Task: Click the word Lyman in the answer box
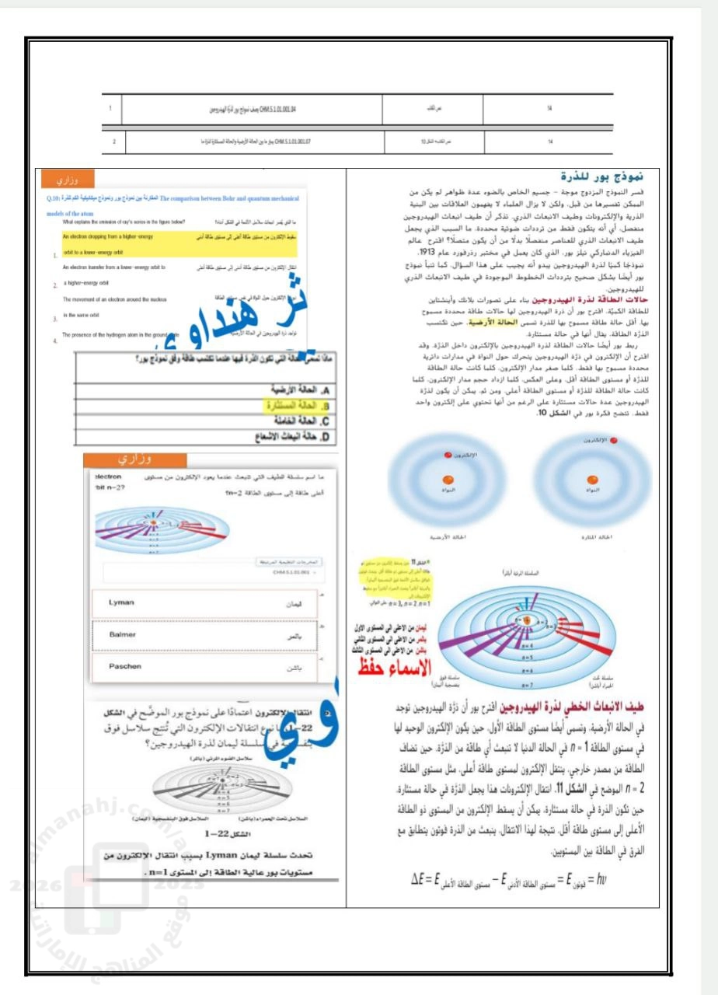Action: tap(120, 602)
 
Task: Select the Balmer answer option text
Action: tap(122, 634)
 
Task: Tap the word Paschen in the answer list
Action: tap(124, 667)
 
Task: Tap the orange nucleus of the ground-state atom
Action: tap(448, 479)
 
